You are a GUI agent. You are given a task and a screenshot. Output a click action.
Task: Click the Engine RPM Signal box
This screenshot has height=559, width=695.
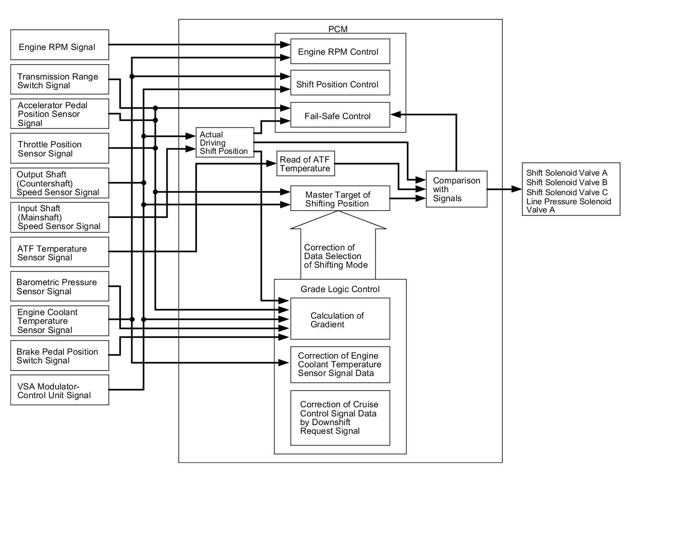(x=60, y=45)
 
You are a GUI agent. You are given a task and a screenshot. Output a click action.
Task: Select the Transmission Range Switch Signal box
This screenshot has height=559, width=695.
(x=60, y=79)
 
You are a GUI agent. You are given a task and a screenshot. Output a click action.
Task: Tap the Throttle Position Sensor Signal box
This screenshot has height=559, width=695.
(x=60, y=148)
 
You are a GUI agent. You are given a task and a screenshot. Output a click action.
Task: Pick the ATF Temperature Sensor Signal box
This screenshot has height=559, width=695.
(x=60, y=252)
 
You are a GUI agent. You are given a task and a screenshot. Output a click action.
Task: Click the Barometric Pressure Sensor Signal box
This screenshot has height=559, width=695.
(x=60, y=286)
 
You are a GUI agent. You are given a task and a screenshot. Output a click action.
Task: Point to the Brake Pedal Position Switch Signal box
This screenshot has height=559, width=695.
(x=60, y=355)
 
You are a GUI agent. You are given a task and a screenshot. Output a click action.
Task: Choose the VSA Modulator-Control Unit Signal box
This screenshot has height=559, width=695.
(x=60, y=390)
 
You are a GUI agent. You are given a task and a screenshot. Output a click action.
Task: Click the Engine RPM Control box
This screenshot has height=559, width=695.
(x=340, y=51)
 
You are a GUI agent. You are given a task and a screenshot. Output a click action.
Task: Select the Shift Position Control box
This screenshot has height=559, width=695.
(x=340, y=83)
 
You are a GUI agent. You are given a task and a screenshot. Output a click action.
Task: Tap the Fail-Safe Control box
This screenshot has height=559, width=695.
(x=340, y=115)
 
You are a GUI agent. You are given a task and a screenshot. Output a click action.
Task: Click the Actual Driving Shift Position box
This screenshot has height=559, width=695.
(x=225, y=142)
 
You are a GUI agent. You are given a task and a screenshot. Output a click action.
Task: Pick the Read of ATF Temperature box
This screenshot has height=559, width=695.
(x=305, y=163)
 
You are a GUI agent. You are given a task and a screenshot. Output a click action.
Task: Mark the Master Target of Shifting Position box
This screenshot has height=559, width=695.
(x=340, y=198)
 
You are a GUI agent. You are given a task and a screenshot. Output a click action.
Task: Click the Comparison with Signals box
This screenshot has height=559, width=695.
(x=457, y=189)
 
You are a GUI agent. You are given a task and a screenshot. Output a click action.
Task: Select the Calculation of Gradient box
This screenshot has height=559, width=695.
(x=340, y=319)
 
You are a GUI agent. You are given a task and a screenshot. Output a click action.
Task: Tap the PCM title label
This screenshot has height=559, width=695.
(x=338, y=29)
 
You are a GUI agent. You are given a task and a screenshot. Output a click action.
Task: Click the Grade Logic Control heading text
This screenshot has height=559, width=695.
(x=340, y=289)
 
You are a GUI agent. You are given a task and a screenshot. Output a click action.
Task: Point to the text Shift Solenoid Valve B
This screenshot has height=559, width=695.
(x=566, y=182)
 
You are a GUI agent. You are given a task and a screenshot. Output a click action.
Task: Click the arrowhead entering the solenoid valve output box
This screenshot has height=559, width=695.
(x=517, y=189)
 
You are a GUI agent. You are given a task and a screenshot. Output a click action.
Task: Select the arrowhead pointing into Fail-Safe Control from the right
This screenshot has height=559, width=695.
(x=396, y=114)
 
